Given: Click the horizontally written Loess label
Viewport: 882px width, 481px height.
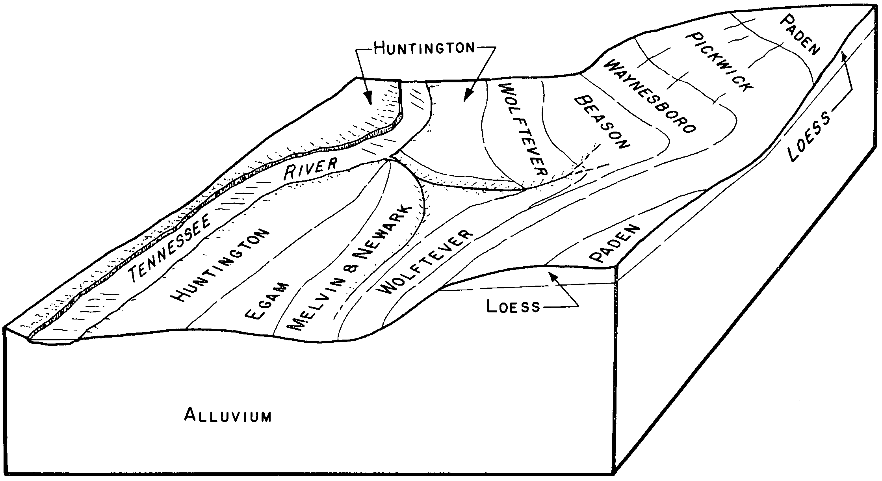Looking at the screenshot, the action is pos(513,306).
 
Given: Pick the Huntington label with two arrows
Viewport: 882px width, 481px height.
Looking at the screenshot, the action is pos(423,48).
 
